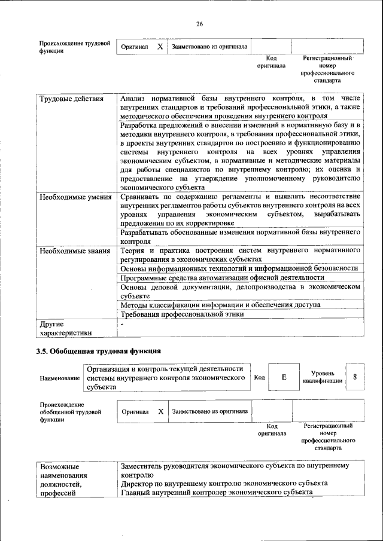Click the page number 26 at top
pyautogui.click(x=199, y=24)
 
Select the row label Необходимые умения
pyautogui.click(x=75, y=197)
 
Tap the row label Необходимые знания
pyautogui.click(x=74, y=250)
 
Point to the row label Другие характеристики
pyautogui.click(x=65, y=328)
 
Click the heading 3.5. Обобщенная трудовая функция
pyautogui.click(x=99, y=350)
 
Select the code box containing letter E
pyautogui.click(x=284, y=377)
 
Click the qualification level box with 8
pyautogui.click(x=355, y=377)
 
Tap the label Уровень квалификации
pyautogui.click(x=323, y=377)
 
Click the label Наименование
pyautogui.click(x=60, y=379)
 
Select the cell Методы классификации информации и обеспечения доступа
pyautogui.click(x=220, y=305)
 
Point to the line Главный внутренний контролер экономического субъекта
pyautogui.click(x=217, y=492)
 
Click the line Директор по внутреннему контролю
pyautogui.click(x=224, y=482)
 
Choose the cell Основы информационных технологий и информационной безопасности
pyautogui.click(x=239, y=268)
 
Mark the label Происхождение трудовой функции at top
pyautogui.click(x=75, y=47)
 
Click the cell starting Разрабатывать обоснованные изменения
pyautogui.click(x=240, y=236)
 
